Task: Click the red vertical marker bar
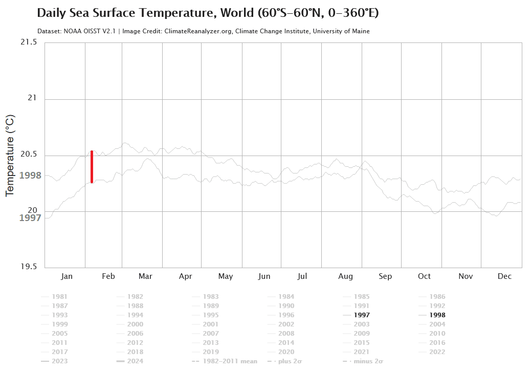tap(92, 167)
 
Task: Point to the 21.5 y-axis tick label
tap(29, 42)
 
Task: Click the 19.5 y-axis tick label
tap(29, 267)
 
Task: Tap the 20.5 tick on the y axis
tap(29, 155)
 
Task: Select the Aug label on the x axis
tap(345, 276)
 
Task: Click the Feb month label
tap(108, 276)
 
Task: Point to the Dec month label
tap(504, 276)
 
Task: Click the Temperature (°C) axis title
tap(10, 156)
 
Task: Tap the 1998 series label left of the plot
tap(30, 176)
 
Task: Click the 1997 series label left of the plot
tap(30, 218)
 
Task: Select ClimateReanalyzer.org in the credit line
tap(200, 31)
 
